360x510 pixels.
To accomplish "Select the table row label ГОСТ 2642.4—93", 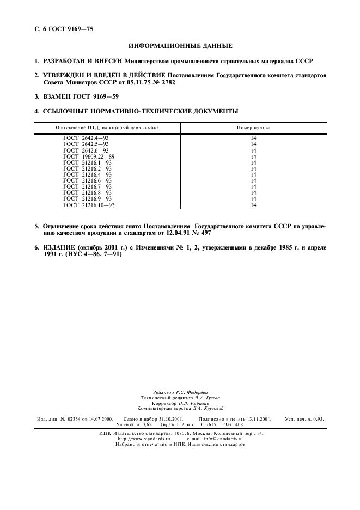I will point(86,138).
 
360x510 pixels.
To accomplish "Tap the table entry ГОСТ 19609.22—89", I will point(89,156).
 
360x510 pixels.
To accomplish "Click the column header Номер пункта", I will point(253,127).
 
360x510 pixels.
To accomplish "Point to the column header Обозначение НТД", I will point(107,127).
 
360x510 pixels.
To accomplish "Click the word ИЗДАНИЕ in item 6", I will point(59,247).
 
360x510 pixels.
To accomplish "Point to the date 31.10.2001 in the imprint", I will point(162,418).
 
